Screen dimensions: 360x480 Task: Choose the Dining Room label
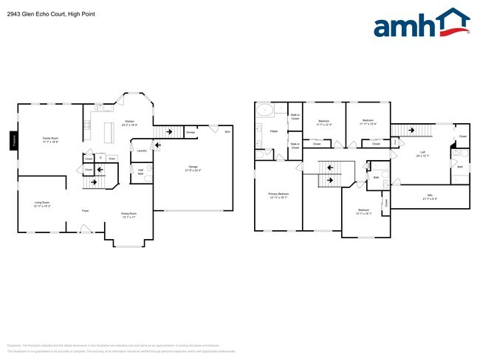(x=128, y=215)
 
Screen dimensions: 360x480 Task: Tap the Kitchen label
(x=129, y=122)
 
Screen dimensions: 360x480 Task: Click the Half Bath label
(x=140, y=172)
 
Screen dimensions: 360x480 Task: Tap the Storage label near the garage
(x=191, y=133)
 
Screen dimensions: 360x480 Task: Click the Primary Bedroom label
(x=278, y=196)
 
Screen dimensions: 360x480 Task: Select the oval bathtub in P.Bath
(x=265, y=111)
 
